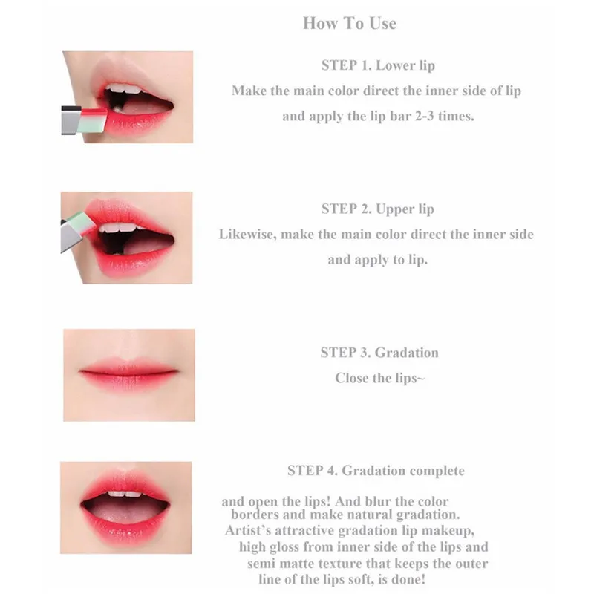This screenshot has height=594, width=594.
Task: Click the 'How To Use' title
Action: click(349, 23)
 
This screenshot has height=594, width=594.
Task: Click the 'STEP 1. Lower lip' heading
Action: click(378, 65)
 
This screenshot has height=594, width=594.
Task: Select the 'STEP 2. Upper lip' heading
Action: click(378, 209)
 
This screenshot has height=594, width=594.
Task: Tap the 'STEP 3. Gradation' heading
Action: click(379, 353)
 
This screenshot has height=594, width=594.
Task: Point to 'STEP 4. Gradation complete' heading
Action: click(376, 471)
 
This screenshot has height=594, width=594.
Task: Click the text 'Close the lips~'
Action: click(379, 378)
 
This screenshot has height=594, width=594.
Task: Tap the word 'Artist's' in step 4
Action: click(252, 531)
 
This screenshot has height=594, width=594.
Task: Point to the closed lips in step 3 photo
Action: click(128, 371)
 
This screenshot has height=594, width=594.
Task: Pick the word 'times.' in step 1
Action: click(454, 117)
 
